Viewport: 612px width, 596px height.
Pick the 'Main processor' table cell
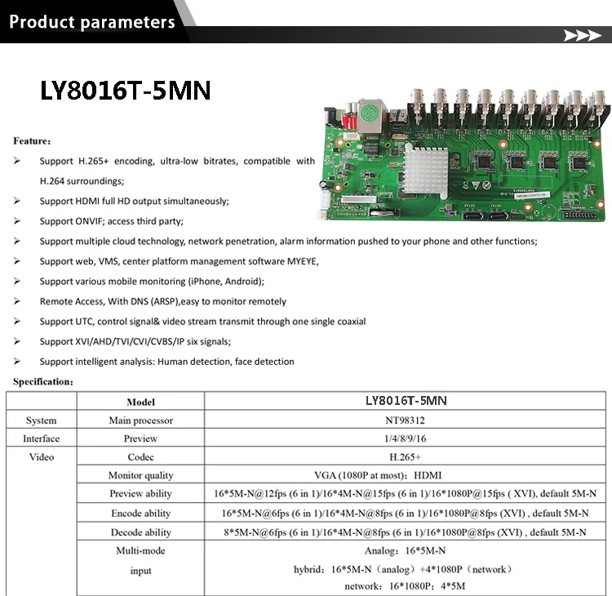point(140,420)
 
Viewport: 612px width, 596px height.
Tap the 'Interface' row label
point(41,439)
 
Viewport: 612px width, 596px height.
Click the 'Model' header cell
point(140,402)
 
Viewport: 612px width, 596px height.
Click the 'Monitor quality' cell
point(140,475)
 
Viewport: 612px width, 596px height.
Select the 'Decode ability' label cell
point(140,532)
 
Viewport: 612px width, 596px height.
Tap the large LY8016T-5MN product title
point(126,91)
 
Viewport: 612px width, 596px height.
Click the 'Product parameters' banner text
point(91,22)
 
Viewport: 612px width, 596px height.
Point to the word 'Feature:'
point(33,140)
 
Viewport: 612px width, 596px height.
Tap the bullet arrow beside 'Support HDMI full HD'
point(17,201)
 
